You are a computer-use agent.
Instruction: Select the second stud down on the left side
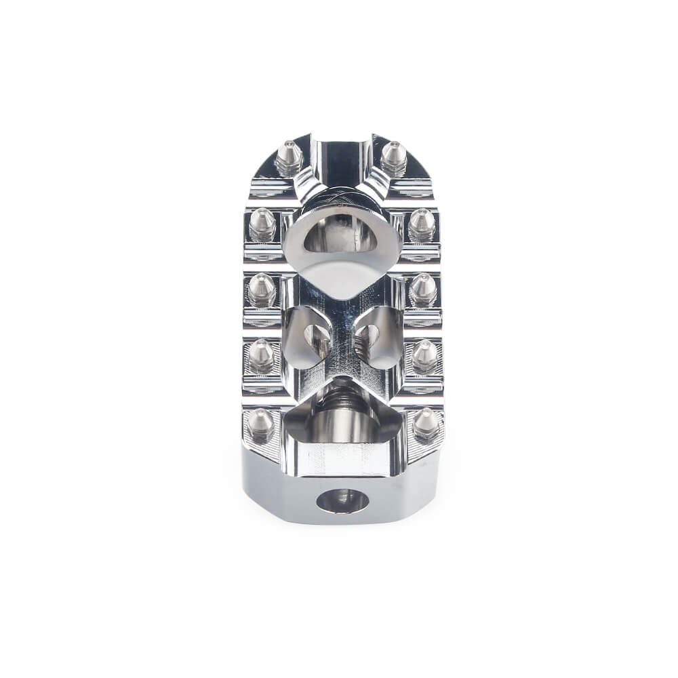262,224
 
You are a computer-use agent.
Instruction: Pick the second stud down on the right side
422,224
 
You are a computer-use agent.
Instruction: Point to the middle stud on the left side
262,290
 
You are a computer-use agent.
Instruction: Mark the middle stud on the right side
423,290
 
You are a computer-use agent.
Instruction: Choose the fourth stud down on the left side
261,355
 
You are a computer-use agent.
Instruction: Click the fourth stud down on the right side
424,355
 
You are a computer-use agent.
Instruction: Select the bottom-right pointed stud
426,423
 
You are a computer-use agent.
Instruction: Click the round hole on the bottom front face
342,500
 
